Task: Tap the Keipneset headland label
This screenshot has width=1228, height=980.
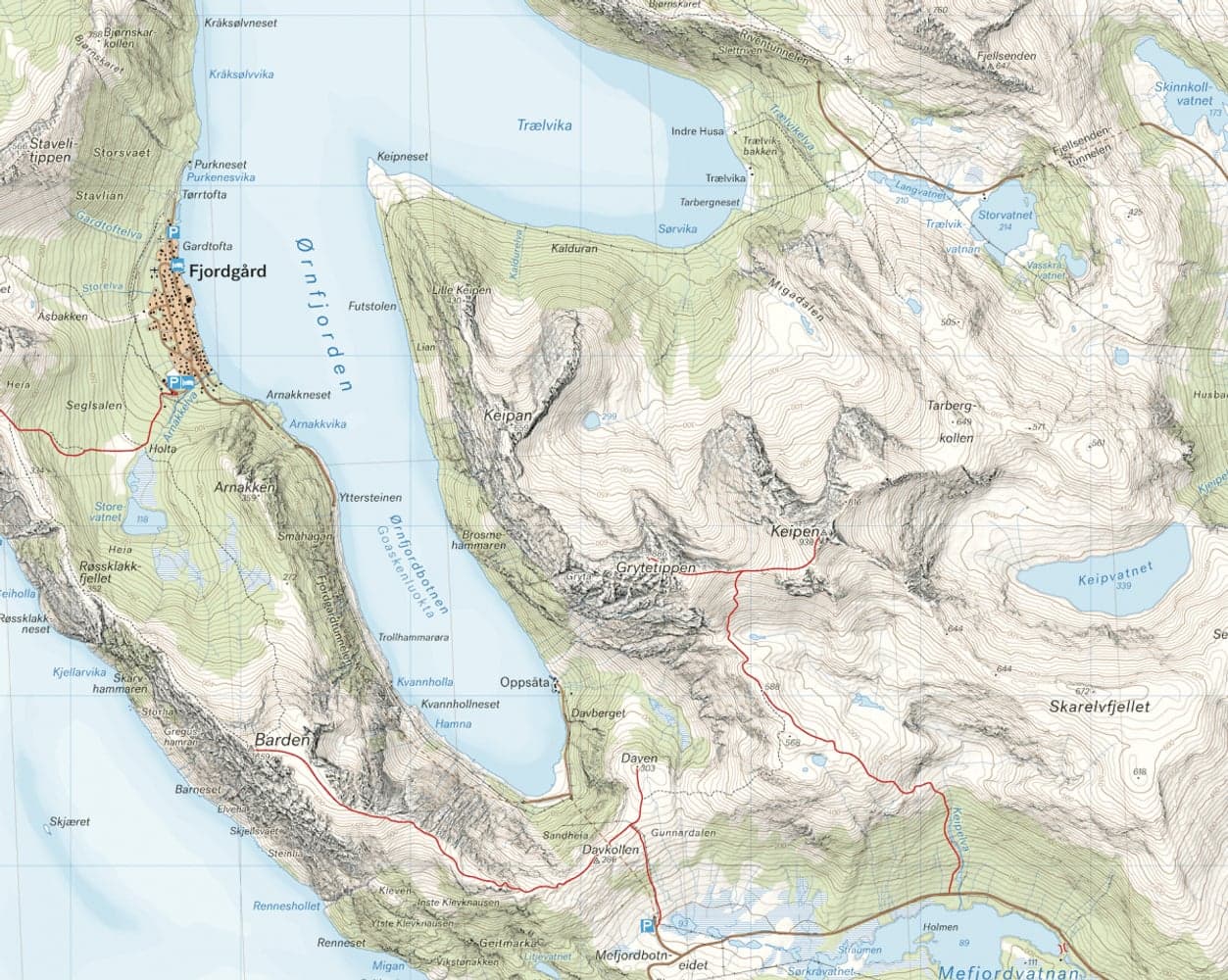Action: [x=399, y=157]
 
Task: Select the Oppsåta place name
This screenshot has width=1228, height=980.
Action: [x=521, y=683]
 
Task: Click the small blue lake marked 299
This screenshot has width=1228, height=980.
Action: [x=591, y=421]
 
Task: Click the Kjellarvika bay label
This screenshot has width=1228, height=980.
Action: [x=79, y=672]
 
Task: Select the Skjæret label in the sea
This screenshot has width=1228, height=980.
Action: [x=68, y=821]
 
